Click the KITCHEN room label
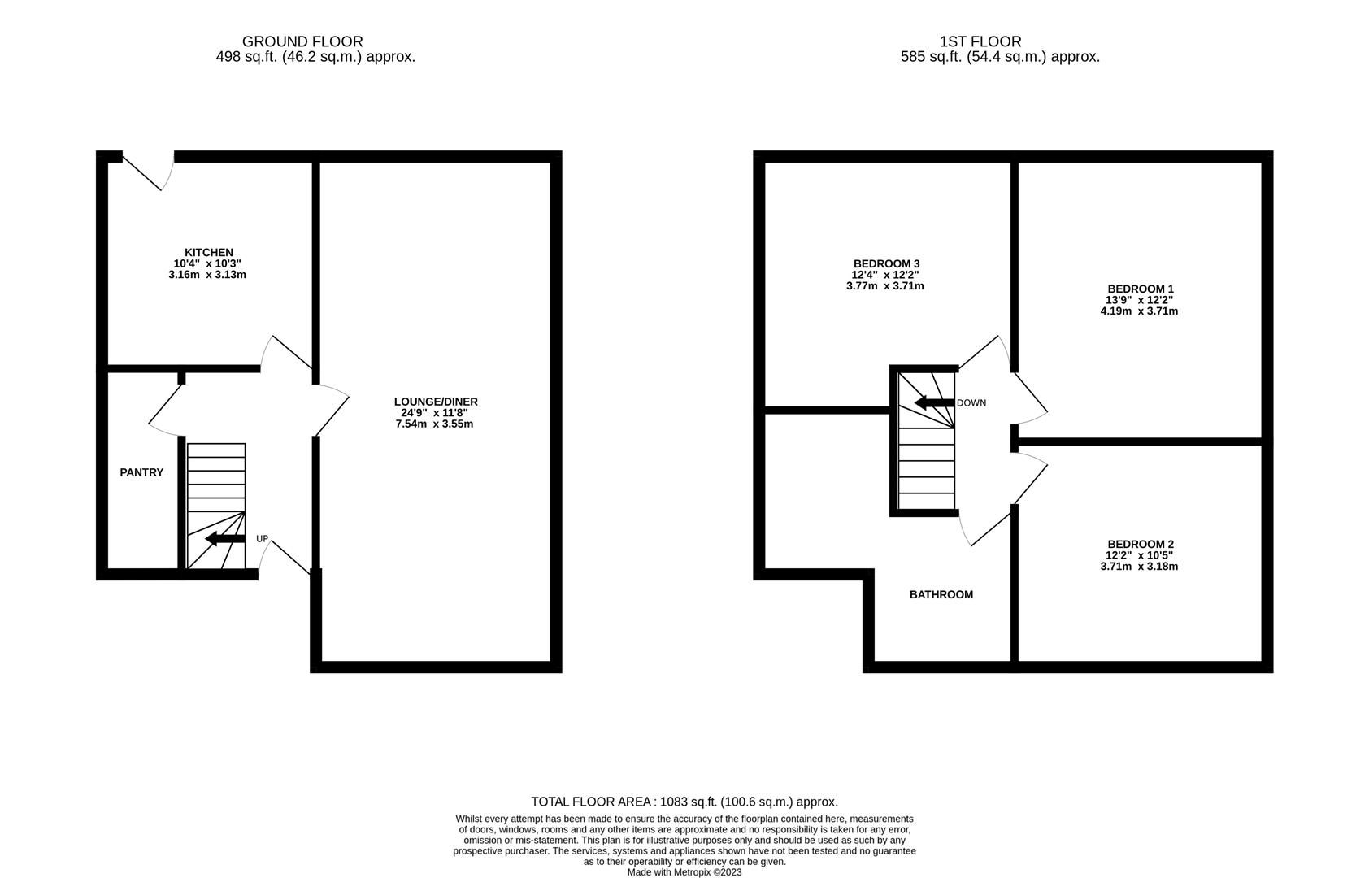click(208, 253)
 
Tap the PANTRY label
click(141, 472)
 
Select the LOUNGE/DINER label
click(436, 402)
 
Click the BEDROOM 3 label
click(886, 263)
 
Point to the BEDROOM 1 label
click(1140, 289)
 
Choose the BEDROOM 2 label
click(1140, 544)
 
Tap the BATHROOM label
click(941, 594)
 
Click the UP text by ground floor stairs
click(262, 539)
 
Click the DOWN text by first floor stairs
click(971, 403)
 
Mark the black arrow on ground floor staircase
click(225, 539)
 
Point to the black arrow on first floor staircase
click(934, 402)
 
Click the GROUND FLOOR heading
click(302, 41)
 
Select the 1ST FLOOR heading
click(980, 41)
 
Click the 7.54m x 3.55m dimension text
click(434, 424)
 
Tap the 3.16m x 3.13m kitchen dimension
click(207, 275)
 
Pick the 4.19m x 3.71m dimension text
click(1139, 311)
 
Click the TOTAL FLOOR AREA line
click(684, 802)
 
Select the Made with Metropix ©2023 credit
click(684, 872)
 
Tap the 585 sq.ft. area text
click(999, 57)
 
